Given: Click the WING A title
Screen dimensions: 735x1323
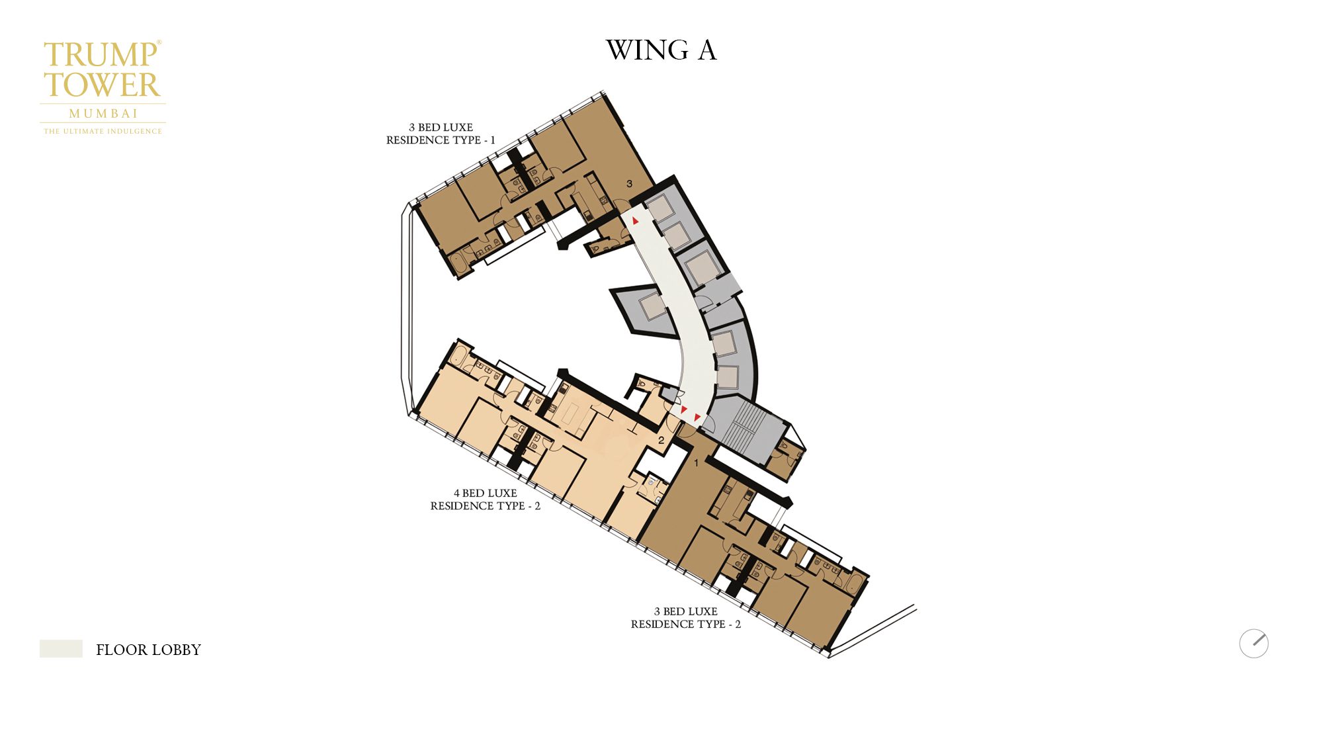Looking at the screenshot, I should tap(661, 50).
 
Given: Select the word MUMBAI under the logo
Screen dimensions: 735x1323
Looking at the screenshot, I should tap(103, 113).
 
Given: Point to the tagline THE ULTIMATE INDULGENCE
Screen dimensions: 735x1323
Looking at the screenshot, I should tap(103, 131).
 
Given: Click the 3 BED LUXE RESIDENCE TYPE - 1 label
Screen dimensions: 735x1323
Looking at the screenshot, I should tap(441, 134).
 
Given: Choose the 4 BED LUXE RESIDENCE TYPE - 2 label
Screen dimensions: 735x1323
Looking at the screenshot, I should tap(485, 499).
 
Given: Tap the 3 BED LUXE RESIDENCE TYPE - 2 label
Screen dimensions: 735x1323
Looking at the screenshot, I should tap(685, 618).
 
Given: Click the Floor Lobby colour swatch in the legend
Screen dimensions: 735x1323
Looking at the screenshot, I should tap(61, 648).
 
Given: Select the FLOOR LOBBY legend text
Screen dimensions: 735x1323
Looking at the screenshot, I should tap(148, 650).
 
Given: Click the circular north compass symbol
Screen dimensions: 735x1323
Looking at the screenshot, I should tap(1254, 643).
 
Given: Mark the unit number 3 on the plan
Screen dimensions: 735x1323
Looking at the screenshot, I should tap(629, 184).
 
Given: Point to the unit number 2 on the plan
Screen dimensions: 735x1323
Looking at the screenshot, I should tap(660, 440).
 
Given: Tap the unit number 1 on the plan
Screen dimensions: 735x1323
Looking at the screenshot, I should tap(696, 463).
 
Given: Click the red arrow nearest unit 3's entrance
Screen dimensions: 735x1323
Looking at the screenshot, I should tap(635, 220).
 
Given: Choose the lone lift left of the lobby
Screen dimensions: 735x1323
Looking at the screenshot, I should tap(652, 306).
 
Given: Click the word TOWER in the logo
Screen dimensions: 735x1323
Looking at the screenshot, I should tap(102, 85).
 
